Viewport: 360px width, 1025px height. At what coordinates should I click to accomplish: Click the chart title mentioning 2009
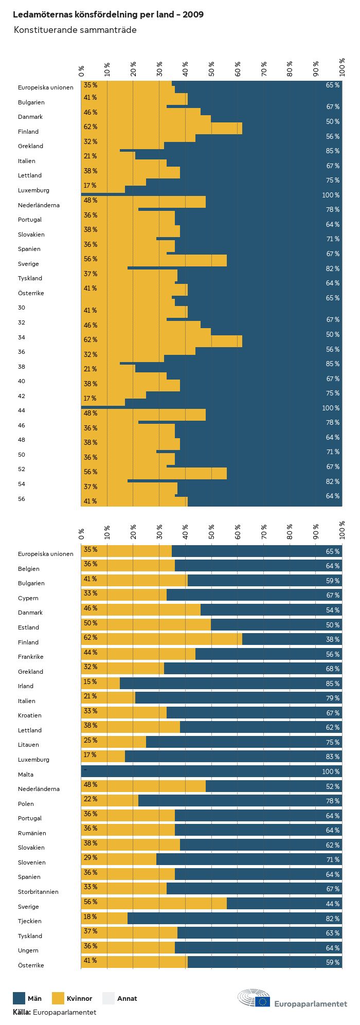click(x=108, y=14)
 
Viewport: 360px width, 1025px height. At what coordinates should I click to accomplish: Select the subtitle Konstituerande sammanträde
click(x=75, y=30)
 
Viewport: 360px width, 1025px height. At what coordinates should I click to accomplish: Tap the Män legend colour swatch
click(x=19, y=998)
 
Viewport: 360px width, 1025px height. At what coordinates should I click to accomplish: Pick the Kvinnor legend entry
click(x=79, y=998)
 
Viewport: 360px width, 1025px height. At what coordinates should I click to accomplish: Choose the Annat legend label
click(x=127, y=998)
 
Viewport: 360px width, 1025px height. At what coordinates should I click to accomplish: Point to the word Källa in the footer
click(x=22, y=1012)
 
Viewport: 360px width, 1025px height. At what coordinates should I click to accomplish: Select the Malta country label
click(x=26, y=774)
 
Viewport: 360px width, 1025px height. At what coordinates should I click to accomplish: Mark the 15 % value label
click(x=91, y=681)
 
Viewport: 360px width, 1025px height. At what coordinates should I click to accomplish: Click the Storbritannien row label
click(x=38, y=892)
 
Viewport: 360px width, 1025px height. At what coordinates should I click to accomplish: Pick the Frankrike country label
click(x=31, y=657)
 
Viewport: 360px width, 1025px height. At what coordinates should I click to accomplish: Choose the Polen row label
click(x=26, y=803)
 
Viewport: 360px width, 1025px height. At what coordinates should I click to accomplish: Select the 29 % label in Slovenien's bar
click(x=91, y=857)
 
